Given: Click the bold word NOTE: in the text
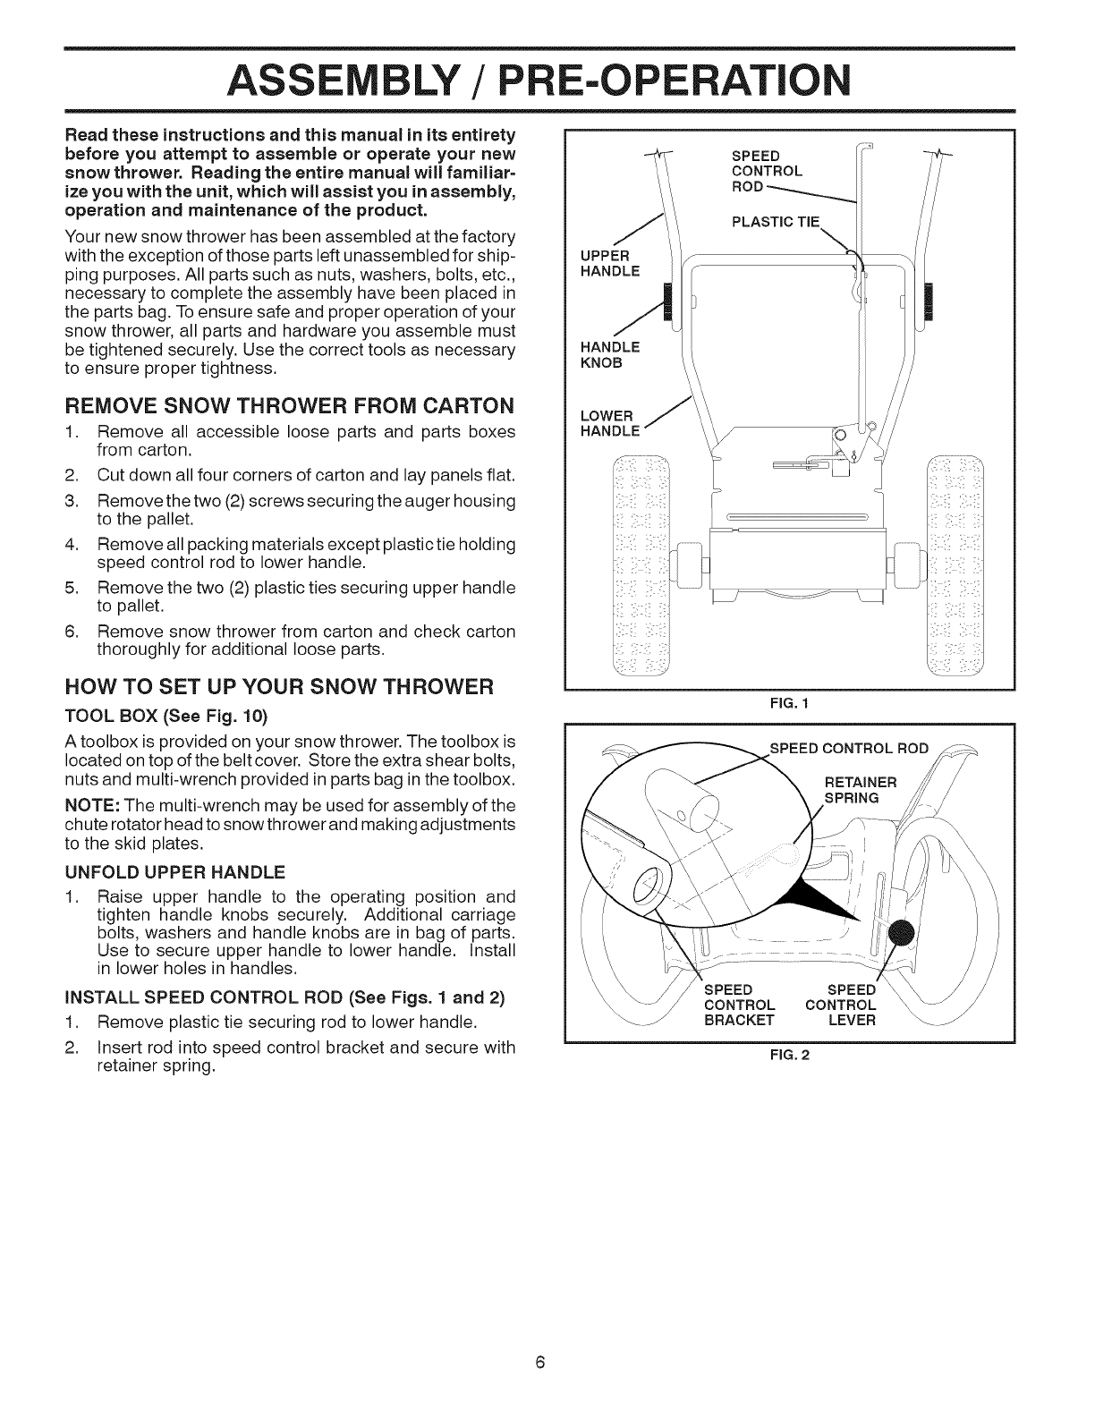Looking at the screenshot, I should (87, 804).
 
